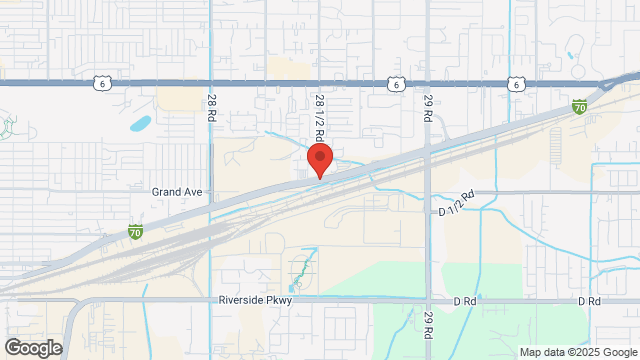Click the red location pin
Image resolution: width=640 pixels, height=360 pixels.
(320, 160)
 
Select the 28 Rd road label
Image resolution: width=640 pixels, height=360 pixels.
(212, 107)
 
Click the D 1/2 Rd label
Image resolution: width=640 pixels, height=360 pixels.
(456, 211)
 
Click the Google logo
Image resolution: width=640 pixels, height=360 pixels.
(33, 348)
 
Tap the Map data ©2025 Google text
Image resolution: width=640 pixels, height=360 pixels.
(577, 352)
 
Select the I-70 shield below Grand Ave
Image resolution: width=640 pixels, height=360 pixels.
(135, 233)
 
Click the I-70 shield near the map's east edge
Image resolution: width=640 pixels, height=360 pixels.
(580, 106)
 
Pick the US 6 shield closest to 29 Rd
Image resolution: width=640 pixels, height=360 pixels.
(398, 85)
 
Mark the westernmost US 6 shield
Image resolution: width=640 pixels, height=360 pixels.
(102, 85)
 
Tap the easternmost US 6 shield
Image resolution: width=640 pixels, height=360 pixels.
(514, 85)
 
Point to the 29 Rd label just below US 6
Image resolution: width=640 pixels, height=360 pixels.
(428, 106)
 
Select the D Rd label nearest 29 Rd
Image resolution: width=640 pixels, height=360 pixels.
(463, 300)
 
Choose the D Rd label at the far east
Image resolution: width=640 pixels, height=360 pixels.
(588, 300)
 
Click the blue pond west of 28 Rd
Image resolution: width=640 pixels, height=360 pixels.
(141, 126)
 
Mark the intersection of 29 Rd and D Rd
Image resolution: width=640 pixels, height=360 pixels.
(428, 299)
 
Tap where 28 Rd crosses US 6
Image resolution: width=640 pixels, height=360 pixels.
(210, 84)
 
